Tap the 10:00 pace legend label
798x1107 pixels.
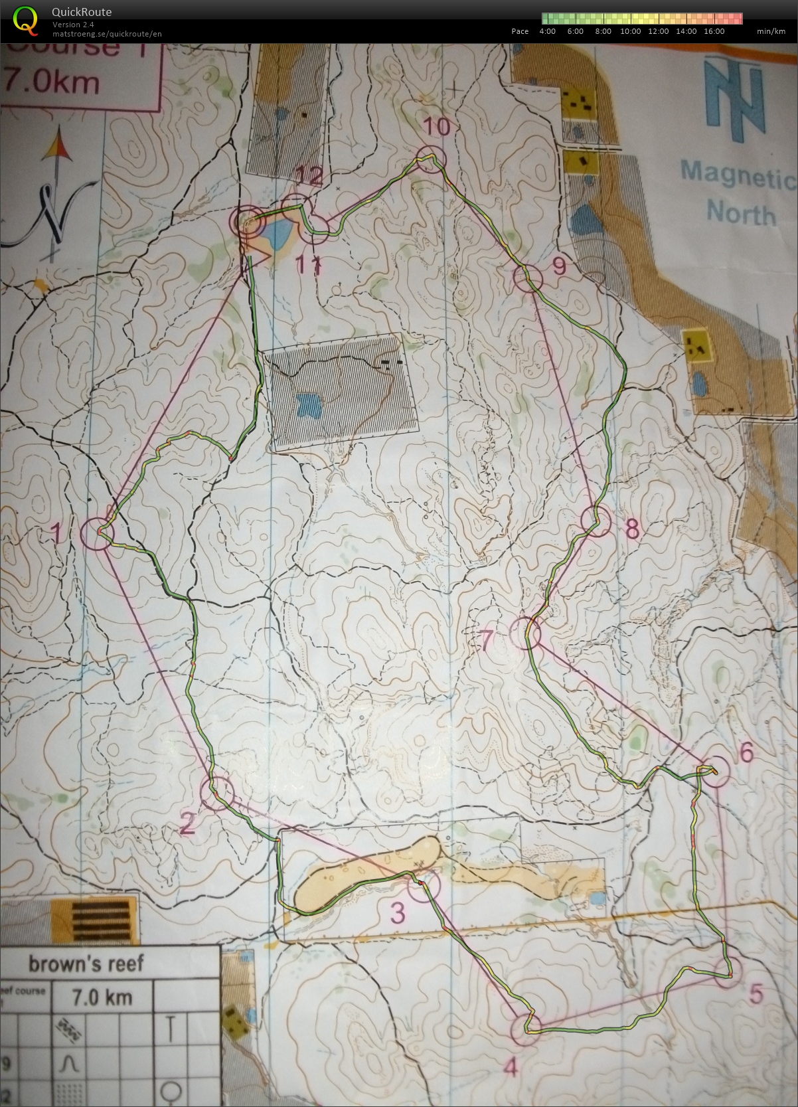pyautogui.click(x=630, y=31)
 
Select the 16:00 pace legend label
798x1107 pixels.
pyautogui.click(x=714, y=31)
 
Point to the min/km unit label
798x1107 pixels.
pyautogui.click(x=770, y=31)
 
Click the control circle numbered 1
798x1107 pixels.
pyautogui.click(x=97, y=533)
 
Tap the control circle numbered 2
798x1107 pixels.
pyautogui.click(x=216, y=793)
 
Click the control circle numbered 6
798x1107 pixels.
pyautogui.click(x=716, y=772)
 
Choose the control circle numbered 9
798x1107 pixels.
pyautogui.click(x=528, y=278)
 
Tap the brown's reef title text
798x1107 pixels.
pyautogui.click(x=86, y=963)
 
